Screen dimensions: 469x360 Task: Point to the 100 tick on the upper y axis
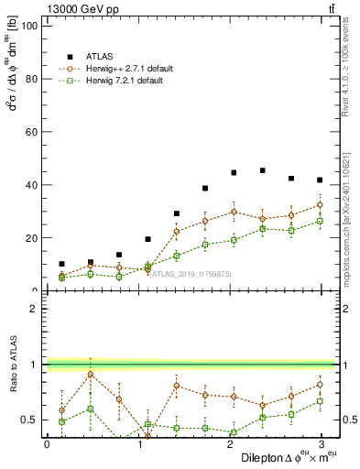(29, 26)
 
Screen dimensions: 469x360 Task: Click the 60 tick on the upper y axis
(32, 132)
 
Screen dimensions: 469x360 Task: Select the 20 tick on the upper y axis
(32, 238)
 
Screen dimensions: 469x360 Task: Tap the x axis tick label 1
(137, 443)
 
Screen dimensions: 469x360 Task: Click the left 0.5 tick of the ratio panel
(30, 420)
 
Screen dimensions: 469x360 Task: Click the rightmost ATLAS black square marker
(320, 180)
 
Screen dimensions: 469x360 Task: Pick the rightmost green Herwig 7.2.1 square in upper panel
(320, 221)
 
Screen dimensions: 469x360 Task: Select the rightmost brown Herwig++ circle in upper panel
(320, 204)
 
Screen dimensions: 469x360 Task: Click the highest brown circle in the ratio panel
(90, 374)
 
